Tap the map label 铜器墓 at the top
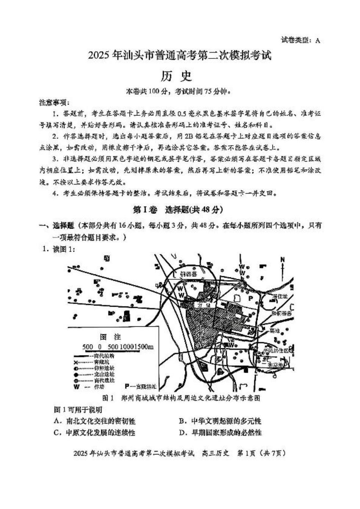coord(188,274)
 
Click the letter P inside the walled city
coord(250,298)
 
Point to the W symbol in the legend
coord(77,387)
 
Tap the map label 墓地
coord(274,331)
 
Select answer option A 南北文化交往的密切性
coord(95,421)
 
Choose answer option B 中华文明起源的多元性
coord(220,421)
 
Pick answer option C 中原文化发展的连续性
coord(95,432)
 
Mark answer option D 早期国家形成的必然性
coord(220,432)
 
